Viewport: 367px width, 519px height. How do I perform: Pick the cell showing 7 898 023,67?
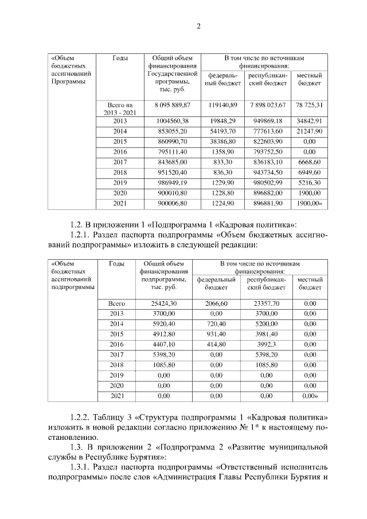coord(268,105)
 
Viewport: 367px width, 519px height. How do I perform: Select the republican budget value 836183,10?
coord(268,162)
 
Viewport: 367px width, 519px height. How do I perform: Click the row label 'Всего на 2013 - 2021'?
coord(120,109)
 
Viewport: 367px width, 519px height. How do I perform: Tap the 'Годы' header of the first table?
coord(120,58)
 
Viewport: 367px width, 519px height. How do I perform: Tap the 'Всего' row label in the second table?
coord(116,303)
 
